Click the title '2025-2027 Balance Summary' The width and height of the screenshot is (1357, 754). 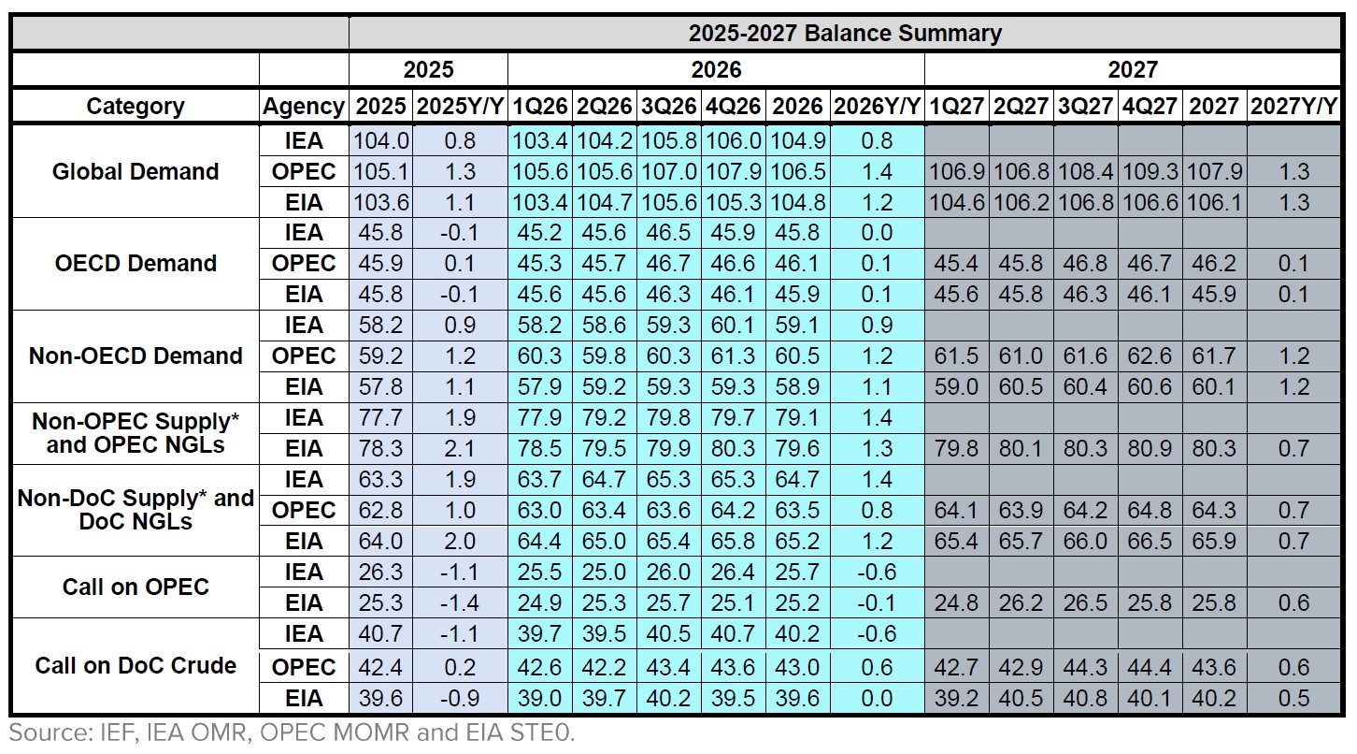pos(845,34)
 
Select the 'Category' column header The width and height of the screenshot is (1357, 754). pos(136,106)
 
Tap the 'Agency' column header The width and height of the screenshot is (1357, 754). pos(304,106)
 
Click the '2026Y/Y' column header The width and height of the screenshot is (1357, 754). pos(876,106)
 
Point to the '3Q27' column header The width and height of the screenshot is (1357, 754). pos(1085,106)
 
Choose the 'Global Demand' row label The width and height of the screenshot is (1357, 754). pos(136,171)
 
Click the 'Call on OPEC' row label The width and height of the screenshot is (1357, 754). pos(136,587)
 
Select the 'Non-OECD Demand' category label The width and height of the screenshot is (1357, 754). pos(136,355)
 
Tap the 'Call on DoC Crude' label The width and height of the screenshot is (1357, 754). pos(136,666)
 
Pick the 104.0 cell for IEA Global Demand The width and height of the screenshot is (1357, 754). pos(381,141)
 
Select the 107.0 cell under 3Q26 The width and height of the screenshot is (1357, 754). pos(668,172)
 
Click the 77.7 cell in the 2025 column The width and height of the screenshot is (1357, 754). pos(381,418)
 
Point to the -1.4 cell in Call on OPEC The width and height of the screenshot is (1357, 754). pos(461,603)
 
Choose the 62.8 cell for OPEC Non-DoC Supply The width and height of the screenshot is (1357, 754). pos(381,511)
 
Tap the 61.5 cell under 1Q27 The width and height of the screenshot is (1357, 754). pos(956,356)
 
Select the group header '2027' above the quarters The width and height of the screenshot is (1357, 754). pos(1133,69)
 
